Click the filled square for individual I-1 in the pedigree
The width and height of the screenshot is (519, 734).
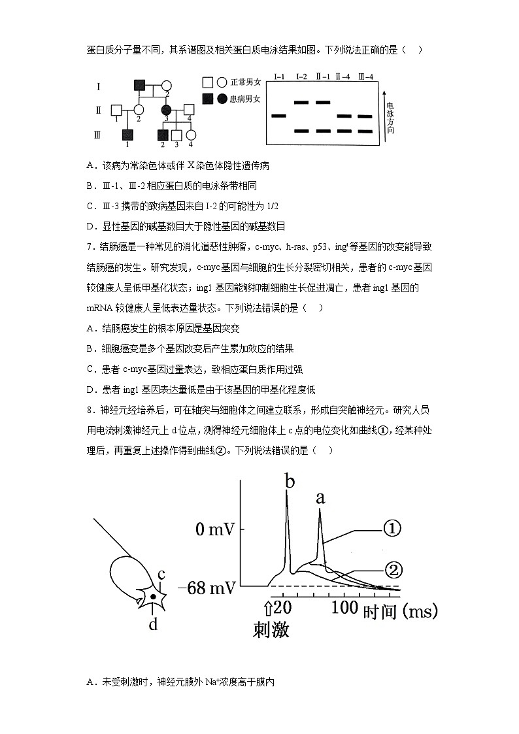coord(139,85)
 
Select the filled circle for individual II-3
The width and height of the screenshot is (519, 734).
coord(166,110)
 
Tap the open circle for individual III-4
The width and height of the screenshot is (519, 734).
coord(191,135)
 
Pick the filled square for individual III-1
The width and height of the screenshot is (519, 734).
coord(127,135)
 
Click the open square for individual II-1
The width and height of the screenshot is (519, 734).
coord(116,110)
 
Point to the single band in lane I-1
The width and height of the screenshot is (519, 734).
coord(278,116)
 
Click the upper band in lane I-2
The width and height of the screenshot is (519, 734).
coord(301,103)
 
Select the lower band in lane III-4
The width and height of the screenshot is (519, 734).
coord(365,131)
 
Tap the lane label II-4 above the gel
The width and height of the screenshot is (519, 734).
coord(343,77)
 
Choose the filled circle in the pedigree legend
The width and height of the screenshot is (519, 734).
coord(222,99)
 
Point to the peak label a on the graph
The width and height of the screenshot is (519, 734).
coord(320,498)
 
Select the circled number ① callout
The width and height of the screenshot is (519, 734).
coord(391,529)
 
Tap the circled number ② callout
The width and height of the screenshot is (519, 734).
coord(392,570)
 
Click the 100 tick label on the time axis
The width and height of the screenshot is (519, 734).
coord(344,607)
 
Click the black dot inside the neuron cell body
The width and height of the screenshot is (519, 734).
coord(153,596)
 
